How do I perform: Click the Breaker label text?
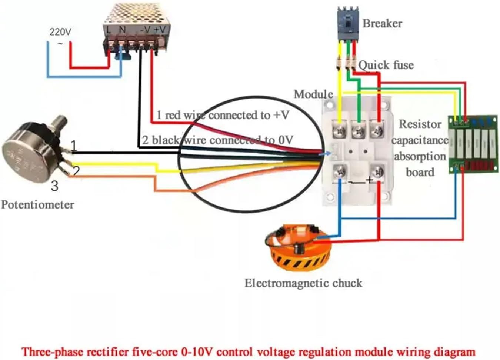pos(382,23)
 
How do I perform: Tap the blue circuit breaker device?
pos(348,23)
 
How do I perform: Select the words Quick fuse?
pos(386,65)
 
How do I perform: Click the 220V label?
pos(60,32)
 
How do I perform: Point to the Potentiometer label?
pos(37,205)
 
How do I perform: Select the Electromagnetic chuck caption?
pos(303,283)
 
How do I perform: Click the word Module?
pos(313,94)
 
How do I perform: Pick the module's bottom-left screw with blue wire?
pos(340,172)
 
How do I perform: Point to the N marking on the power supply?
pos(122,29)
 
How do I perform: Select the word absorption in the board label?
pos(420,156)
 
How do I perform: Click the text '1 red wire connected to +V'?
pos(222,115)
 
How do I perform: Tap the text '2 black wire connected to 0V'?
pos(218,140)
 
